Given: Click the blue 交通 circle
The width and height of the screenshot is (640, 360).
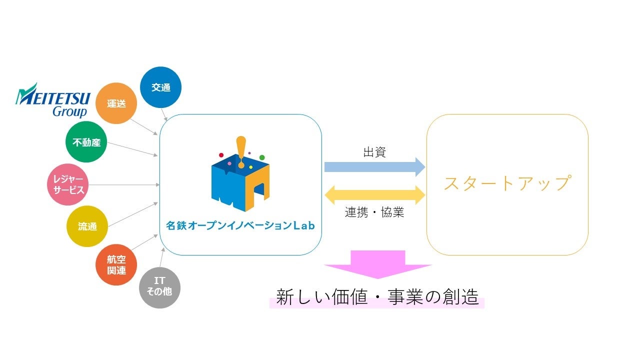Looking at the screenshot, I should coord(161,87).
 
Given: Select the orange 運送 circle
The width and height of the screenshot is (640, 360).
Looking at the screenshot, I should coord(116,103).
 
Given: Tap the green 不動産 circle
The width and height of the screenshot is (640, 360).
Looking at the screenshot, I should coord(86,142).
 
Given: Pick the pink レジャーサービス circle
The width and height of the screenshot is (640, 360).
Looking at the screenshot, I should coord(68,185).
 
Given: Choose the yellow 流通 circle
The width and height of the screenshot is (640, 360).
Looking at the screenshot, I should coord(87,226).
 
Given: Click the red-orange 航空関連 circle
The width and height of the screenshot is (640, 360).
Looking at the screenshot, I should coord(116,265).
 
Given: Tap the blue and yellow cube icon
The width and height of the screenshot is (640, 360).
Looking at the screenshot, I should coord(240,180).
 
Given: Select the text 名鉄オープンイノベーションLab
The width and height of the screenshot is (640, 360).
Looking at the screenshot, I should coord(240,226).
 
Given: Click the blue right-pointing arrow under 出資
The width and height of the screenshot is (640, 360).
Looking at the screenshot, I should coord(374,166).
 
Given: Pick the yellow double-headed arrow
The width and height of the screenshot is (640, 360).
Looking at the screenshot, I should coord(374,193).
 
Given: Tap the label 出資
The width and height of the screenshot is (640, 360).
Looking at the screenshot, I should coord(374,152).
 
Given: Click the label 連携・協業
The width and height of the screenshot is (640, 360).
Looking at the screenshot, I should coord(374,212).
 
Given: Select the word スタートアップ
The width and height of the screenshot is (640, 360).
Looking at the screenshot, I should coord(506,183).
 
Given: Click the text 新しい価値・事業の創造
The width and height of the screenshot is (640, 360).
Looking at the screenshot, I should coord(377,297).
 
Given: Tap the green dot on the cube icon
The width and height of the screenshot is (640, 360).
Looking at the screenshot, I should coord(262,157).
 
